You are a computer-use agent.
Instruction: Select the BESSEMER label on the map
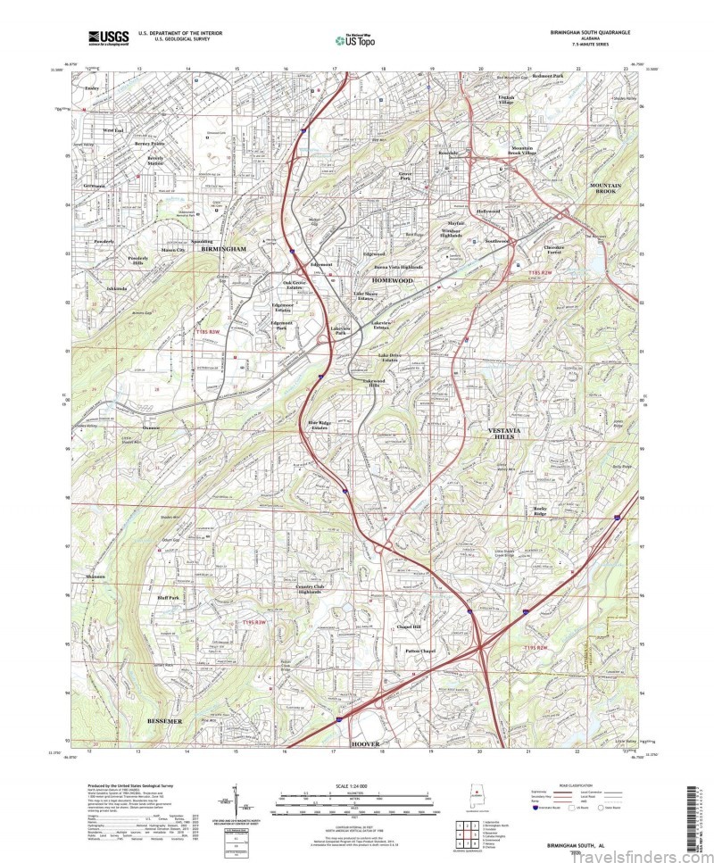(x=162, y=720)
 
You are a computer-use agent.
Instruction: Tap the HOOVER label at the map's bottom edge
(x=366, y=743)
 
